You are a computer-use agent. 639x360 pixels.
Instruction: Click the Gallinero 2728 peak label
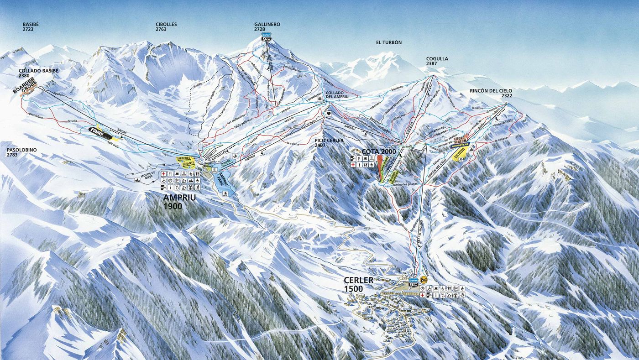[267, 26]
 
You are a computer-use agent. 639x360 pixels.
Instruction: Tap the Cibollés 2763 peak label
[166, 26]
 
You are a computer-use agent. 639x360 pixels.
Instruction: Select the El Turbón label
[388, 42]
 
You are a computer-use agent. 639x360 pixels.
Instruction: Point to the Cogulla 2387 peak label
[437, 61]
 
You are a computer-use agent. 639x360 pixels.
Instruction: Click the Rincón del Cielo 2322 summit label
[491, 93]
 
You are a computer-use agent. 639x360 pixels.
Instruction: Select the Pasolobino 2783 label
[21, 152]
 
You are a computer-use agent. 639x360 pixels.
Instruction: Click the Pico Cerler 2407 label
[329, 143]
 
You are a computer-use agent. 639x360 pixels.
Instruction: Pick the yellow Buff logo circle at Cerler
[424, 280]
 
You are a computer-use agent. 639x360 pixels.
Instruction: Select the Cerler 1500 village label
[360, 284]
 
